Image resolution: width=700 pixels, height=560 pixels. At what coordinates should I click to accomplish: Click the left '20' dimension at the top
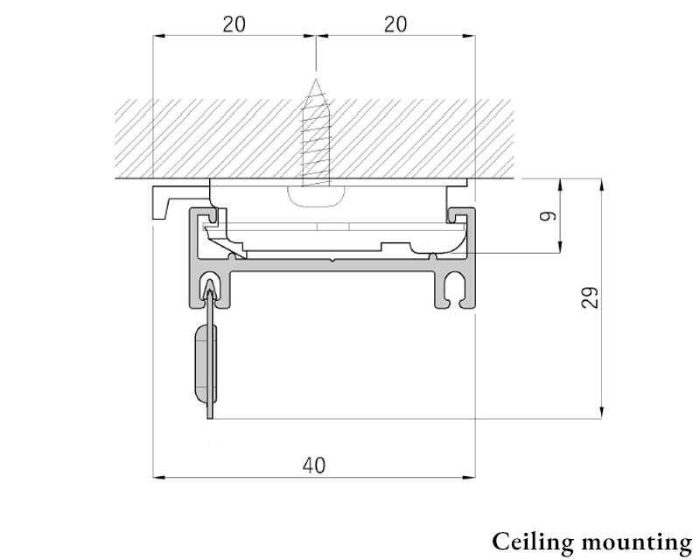[x=234, y=24]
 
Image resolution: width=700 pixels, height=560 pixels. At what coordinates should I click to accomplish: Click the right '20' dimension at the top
[x=395, y=24]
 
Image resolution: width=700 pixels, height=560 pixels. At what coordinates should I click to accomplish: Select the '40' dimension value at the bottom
[x=314, y=465]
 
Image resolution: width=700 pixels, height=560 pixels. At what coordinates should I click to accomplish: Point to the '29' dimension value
[x=590, y=297]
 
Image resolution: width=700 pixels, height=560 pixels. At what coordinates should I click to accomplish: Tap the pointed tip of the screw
[x=316, y=80]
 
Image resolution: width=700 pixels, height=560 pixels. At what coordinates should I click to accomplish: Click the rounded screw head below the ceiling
[x=316, y=197]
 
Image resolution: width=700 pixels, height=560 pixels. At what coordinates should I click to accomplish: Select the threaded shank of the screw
[x=316, y=134]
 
